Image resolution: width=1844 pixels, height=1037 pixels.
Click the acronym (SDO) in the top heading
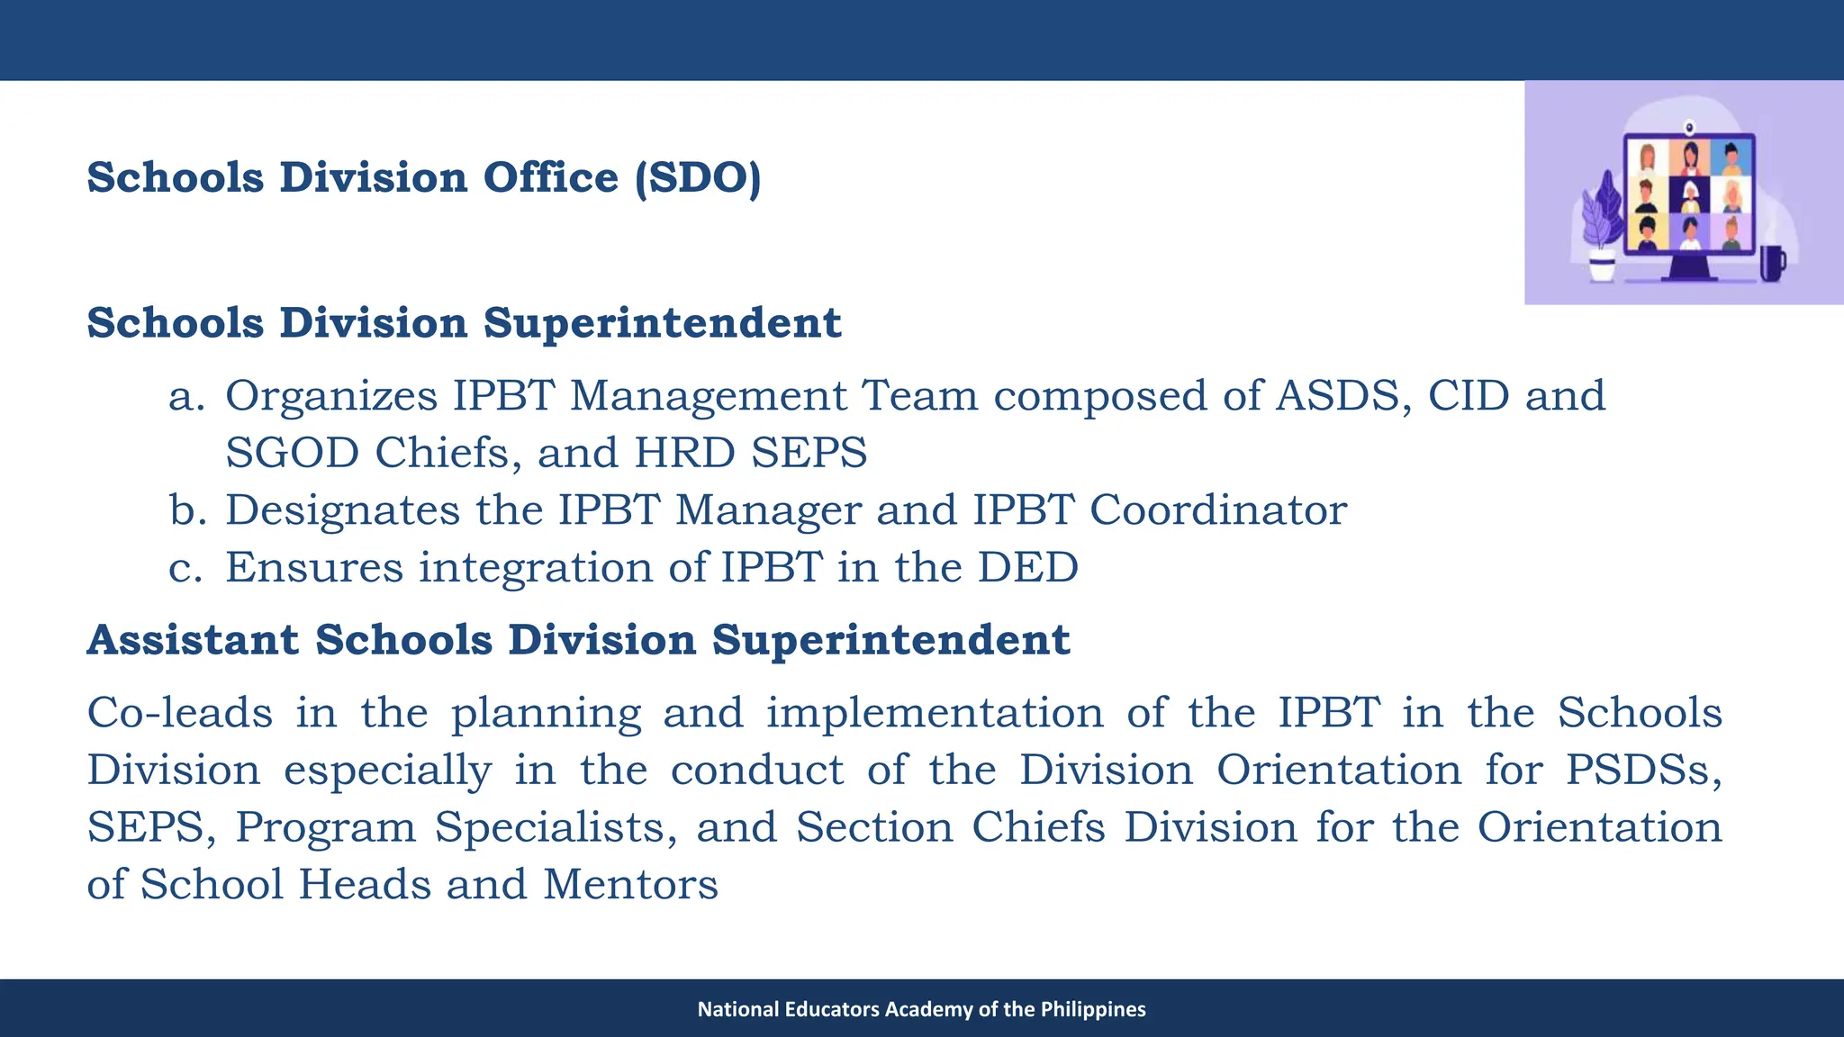[698, 178]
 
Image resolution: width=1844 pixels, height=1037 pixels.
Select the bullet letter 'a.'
[186, 397]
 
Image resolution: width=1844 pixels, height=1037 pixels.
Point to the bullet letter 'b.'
[187, 511]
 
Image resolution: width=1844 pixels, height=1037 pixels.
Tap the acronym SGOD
[292, 454]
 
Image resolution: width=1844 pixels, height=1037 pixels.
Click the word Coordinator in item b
[1218, 511]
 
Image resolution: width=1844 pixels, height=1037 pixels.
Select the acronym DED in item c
[1027, 568]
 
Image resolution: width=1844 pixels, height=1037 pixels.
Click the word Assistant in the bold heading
[193, 641]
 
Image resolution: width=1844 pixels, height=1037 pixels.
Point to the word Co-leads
[180, 714]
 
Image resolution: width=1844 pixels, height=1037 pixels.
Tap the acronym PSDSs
[1641, 771]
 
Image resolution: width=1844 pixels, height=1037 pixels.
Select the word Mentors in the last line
[630, 885]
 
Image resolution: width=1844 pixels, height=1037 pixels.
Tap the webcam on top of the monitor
[1690, 127]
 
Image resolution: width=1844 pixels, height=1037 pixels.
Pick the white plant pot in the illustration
[1602, 268]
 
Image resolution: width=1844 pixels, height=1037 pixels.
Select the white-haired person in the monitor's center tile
[1690, 194]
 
